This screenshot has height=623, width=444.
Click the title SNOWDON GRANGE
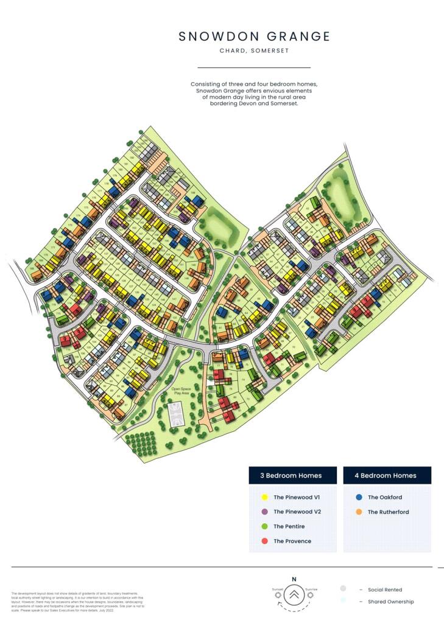coord(254,37)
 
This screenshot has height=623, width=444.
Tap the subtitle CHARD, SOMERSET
coord(254,51)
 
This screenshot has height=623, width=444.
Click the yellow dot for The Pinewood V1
coord(263,497)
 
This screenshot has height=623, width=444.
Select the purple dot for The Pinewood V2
coord(263,512)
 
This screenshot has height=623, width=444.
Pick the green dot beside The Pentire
coord(263,526)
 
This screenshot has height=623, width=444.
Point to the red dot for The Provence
coord(263,541)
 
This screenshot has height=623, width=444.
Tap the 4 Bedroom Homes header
coord(387,475)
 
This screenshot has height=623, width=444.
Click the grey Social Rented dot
coord(343,589)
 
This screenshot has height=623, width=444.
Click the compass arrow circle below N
coord(294,594)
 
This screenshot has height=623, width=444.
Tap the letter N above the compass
coord(294,579)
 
